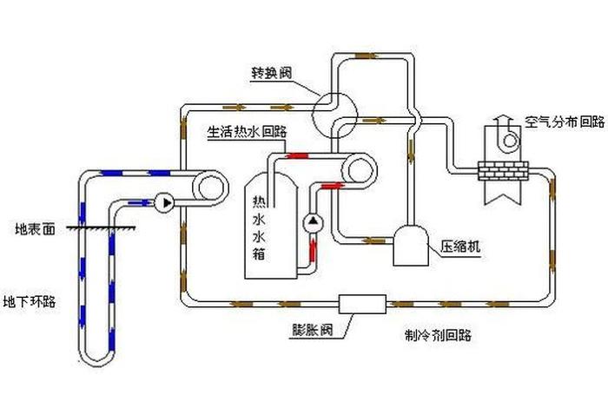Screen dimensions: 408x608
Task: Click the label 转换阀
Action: coord(266,74)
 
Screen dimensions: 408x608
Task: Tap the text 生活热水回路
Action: coord(247,133)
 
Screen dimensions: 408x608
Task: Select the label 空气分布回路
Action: coord(565,122)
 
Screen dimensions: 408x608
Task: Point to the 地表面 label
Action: coord(36,230)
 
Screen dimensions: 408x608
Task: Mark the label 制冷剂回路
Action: coord(437,335)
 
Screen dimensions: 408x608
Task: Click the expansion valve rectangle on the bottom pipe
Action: coord(362,304)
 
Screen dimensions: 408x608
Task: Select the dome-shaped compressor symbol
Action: coord(408,246)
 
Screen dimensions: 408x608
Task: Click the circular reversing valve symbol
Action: coord(333,111)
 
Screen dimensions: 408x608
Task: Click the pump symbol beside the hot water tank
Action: coord(313,223)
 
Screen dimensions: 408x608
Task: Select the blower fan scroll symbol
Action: coord(510,139)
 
